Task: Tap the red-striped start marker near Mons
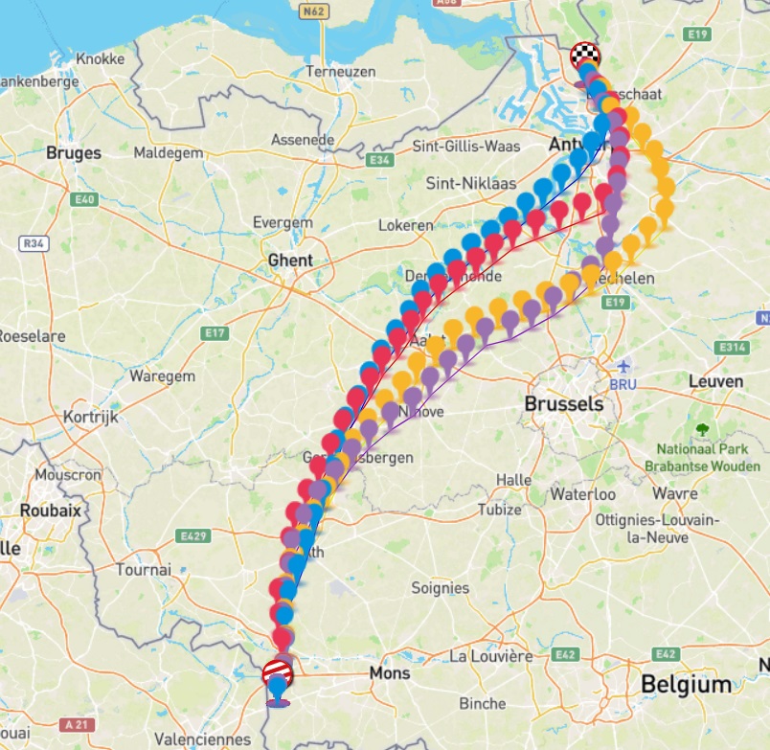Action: pyautogui.click(x=277, y=671)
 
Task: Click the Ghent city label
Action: pyautogui.click(x=290, y=261)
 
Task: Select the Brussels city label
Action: pyautogui.click(x=563, y=403)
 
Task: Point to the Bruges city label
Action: pyautogui.click(x=73, y=152)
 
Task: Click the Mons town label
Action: pyautogui.click(x=390, y=673)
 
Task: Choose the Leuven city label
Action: pyautogui.click(x=715, y=381)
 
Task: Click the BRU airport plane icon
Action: pyautogui.click(x=623, y=366)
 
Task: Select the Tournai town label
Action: pyautogui.click(x=143, y=569)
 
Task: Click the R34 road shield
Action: pyautogui.click(x=33, y=243)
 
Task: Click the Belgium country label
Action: pyautogui.click(x=686, y=685)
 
